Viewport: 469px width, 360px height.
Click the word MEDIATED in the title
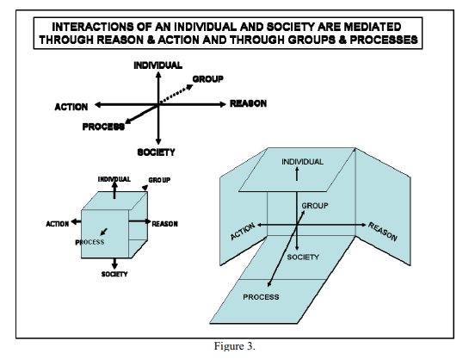372,27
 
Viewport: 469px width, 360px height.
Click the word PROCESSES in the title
384,40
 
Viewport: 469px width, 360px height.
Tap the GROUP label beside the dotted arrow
208,79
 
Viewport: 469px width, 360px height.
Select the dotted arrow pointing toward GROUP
176,95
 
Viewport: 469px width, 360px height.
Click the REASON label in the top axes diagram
248,103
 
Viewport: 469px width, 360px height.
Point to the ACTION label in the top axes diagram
71,107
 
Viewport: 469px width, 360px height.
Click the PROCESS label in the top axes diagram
103,127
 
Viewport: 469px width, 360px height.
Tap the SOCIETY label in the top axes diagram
156,152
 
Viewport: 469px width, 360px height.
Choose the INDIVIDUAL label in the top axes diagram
158,65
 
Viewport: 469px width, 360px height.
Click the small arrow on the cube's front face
104,232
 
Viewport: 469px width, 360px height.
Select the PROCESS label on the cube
89,242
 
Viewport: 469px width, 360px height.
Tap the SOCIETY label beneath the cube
114,274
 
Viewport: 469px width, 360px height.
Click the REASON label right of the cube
165,224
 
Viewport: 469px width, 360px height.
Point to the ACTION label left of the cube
58,224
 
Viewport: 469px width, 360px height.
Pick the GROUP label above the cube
159,180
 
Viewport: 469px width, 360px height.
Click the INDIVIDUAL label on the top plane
302,162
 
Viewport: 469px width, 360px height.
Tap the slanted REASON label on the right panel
383,232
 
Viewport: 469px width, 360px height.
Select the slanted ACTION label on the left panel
243,231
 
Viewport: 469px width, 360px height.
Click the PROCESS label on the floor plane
261,297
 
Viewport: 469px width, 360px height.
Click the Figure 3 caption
235,346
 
